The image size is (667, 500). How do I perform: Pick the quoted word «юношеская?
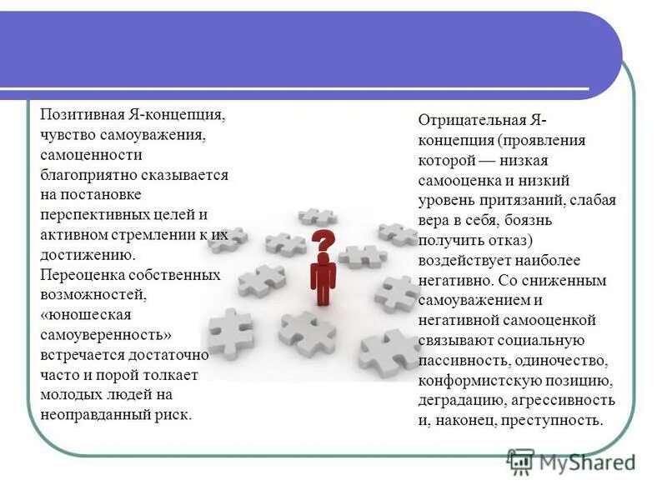point(80,314)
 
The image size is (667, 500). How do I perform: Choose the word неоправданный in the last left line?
point(93,414)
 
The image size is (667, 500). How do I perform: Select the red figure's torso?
point(322,275)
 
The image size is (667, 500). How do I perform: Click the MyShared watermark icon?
point(521,461)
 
